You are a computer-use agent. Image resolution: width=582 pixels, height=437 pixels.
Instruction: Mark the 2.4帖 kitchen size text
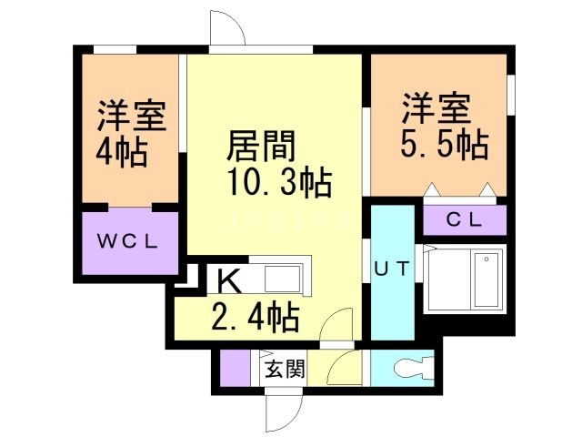click(x=256, y=319)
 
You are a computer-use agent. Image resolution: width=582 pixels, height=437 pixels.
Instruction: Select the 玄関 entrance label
click(x=285, y=370)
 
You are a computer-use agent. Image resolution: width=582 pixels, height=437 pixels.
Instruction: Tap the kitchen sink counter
click(x=277, y=277)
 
